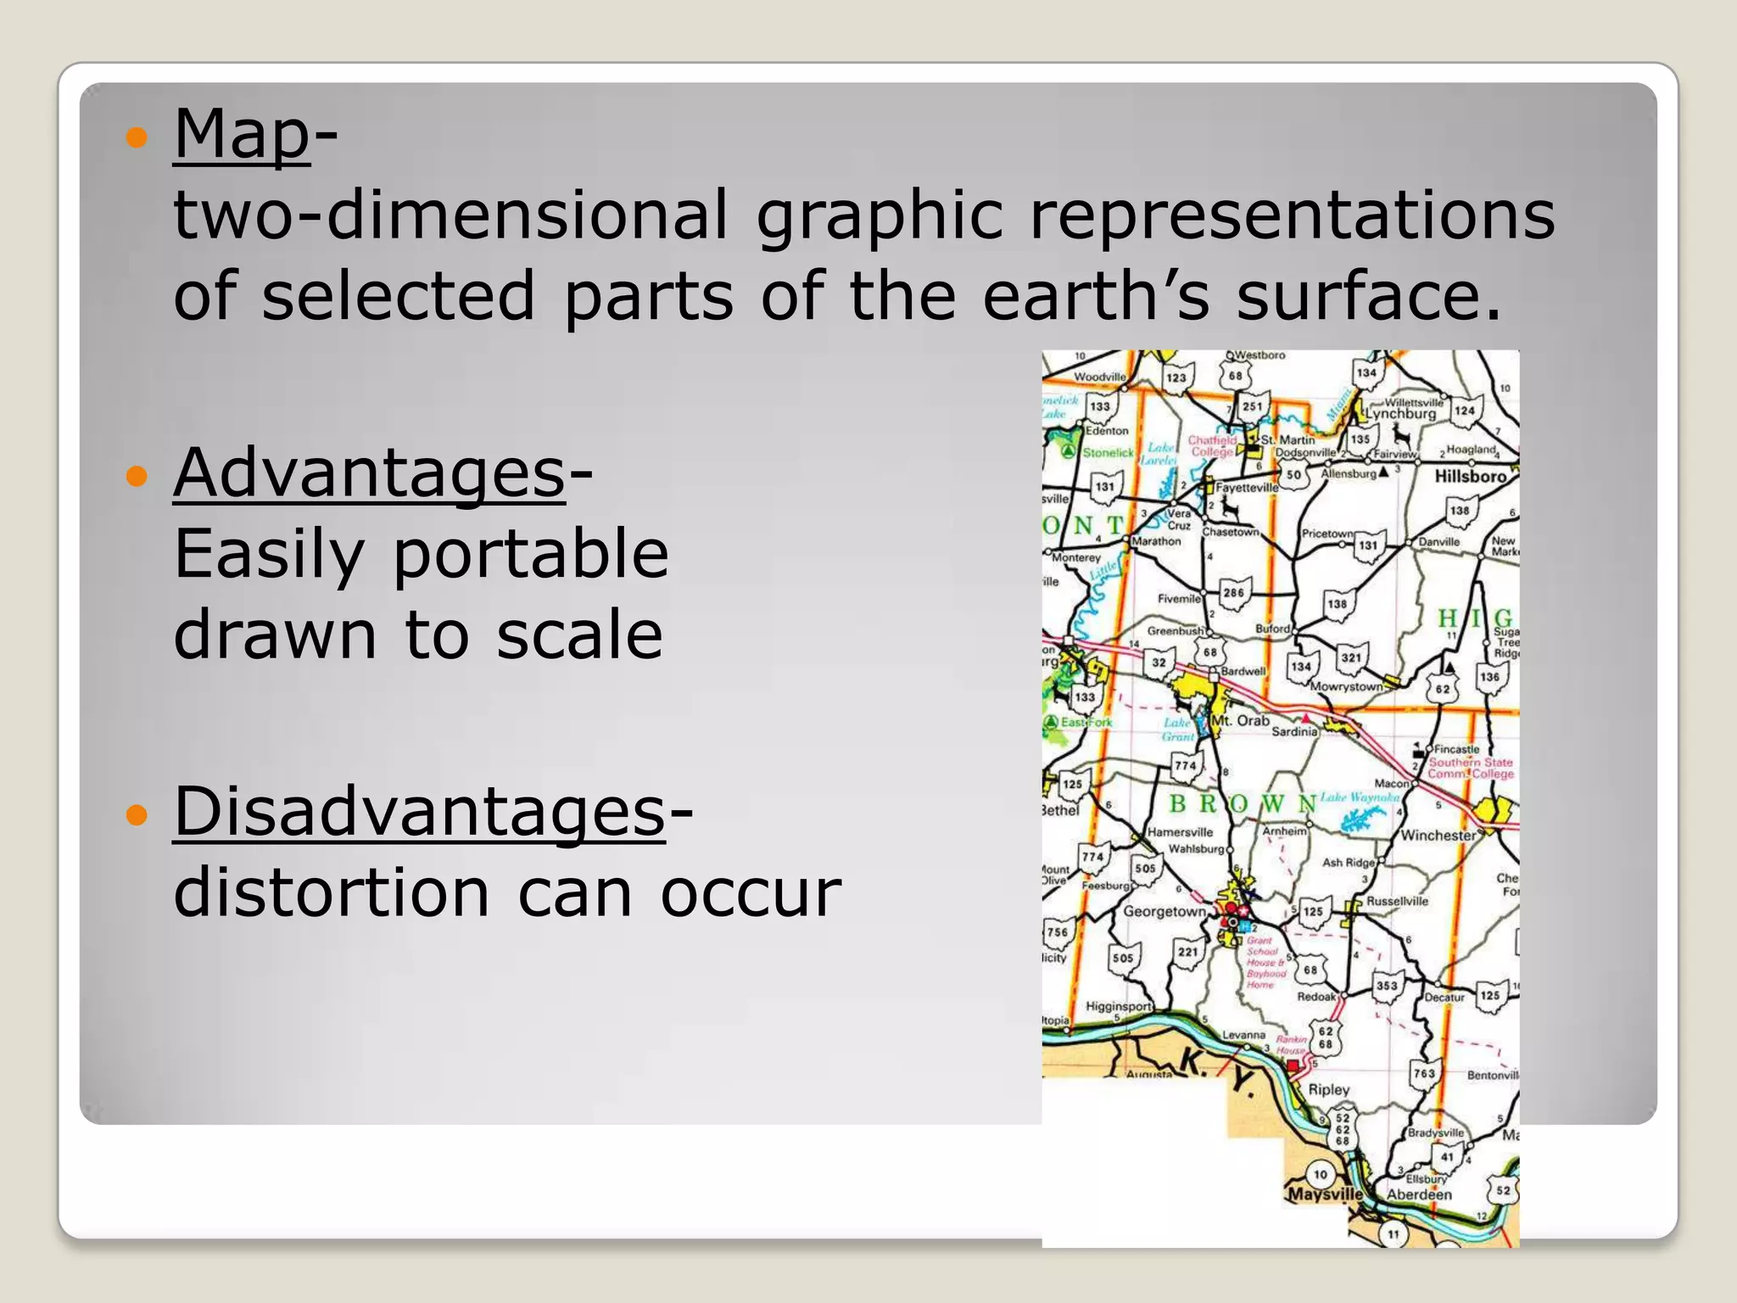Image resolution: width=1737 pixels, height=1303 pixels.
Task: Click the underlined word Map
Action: (242, 134)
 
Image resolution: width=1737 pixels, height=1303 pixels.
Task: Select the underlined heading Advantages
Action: (369, 473)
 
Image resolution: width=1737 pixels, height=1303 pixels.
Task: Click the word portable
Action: (531, 553)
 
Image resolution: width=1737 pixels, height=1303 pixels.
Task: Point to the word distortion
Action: (332, 892)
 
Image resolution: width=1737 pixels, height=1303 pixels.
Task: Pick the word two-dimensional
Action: (450, 215)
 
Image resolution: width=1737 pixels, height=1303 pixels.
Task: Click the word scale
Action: (579, 635)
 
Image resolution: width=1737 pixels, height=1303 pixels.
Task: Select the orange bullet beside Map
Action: (136, 137)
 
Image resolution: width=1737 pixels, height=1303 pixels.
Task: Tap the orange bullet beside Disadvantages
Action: (136, 815)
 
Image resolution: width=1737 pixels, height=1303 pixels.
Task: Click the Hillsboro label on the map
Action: (1470, 477)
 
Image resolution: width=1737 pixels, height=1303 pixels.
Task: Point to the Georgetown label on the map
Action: (1164, 912)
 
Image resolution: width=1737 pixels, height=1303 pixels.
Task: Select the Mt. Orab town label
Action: (1240, 721)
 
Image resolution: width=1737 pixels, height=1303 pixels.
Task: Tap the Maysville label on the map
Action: (1324, 1194)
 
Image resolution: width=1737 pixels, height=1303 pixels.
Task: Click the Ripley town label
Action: (1328, 1089)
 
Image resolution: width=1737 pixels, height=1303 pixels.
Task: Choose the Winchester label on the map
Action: (1438, 836)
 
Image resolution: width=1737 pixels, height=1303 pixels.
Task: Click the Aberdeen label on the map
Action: (1419, 1194)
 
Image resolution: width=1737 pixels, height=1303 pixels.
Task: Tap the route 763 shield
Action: (1424, 1073)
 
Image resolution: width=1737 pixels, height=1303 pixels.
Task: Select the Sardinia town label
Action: (1294, 731)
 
